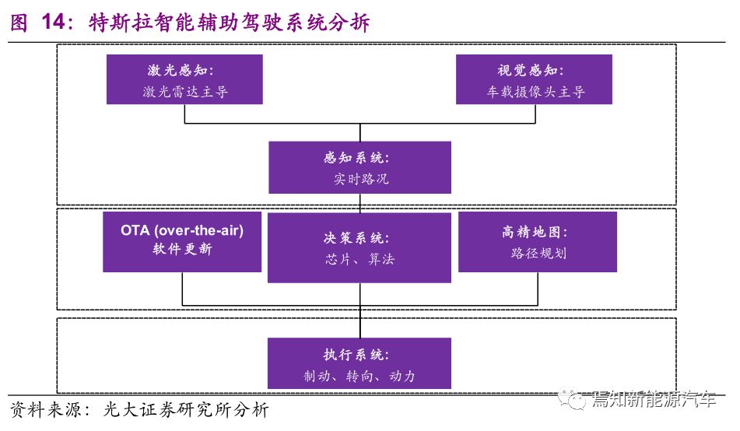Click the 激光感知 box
184,79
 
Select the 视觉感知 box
534,79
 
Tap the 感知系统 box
359,167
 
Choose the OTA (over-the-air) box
182,242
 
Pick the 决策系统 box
359,247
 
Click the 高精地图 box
538,242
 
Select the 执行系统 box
359,363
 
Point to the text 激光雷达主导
185,91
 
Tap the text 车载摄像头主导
535,91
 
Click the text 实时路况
361,178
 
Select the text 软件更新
182,249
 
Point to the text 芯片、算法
359,259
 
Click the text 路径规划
538,253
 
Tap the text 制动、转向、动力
359,376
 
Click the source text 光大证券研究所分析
186,409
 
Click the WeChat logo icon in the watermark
571,399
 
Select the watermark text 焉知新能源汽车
654,399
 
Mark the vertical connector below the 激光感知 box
184,114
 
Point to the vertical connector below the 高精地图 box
538,289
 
